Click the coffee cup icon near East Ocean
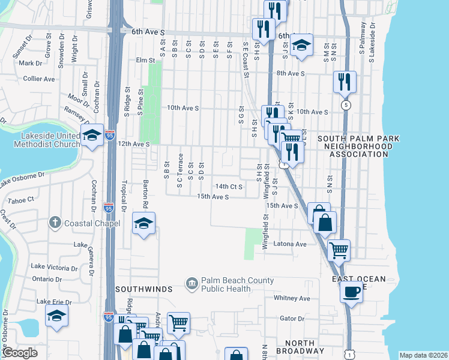tap(351, 292)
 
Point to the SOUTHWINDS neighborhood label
tap(144, 289)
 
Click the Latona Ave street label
tap(290, 244)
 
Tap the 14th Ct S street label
tap(229, 187)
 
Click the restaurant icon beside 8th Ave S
tap(345, 81)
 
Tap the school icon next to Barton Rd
tap(143, 223)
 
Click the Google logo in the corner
tap(20, 353)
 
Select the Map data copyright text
tap(423, 355)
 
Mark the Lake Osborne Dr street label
tap(23, 179)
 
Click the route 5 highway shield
tap(345, 105)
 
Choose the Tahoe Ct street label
tap(22, 199)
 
